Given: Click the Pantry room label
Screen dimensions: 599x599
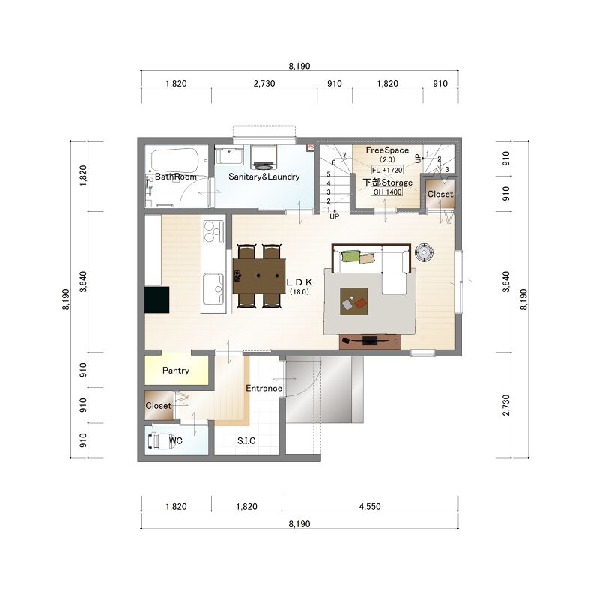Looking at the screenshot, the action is [176, 370].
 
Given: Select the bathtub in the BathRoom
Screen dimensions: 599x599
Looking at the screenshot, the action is [174, 160].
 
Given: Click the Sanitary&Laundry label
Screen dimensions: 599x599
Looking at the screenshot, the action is [264, 177].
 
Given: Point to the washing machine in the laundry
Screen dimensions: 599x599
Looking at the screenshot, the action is [264, 157].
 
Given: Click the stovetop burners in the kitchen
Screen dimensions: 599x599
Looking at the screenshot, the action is [213, 231].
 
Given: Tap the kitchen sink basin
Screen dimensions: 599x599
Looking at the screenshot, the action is [213, 288].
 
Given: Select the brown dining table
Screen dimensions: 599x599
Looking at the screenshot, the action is [259, 276].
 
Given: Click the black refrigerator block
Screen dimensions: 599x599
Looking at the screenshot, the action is [156, 300].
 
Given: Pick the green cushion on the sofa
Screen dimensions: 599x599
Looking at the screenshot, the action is [351, 256].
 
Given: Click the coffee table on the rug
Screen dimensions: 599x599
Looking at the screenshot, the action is [353, 302].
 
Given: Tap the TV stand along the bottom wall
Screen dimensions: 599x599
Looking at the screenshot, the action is [370, 341].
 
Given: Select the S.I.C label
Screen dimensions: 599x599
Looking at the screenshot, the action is [246, 440].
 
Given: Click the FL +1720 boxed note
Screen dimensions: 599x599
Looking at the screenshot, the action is [387, 170].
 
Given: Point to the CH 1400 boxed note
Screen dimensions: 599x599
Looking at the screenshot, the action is [387, 192].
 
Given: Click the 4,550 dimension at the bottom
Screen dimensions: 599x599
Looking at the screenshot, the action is [370, 507].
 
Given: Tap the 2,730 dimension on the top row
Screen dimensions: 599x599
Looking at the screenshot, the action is [264, 83].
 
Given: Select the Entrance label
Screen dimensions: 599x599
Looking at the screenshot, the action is [264, 388].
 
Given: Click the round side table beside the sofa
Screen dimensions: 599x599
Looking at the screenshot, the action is [424, 252].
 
